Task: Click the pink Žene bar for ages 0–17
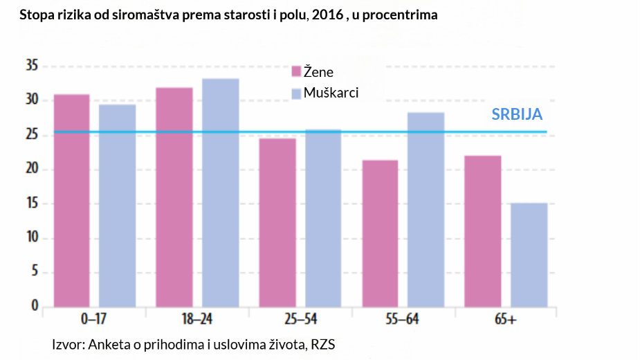click(72, 201)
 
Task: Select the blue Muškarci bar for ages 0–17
click(117, 206)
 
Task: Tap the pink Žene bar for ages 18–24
click(174, 197)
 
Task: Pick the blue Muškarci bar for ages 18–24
click(220, 192)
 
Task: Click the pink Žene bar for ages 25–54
click(277, 222)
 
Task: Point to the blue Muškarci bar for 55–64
click(426, 209)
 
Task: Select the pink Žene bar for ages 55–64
click(380, 233)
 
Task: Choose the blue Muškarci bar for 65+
click(529, 255)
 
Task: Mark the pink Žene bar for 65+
click(483, 231)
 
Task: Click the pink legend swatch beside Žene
click(296, 72)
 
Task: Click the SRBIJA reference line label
click(517, 115)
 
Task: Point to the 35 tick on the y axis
click(30, 66)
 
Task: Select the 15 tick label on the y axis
click(30, 204)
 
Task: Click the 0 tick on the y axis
click(33, 307)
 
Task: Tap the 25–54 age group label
click(300, 320)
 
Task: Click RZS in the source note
click(322, 344)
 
